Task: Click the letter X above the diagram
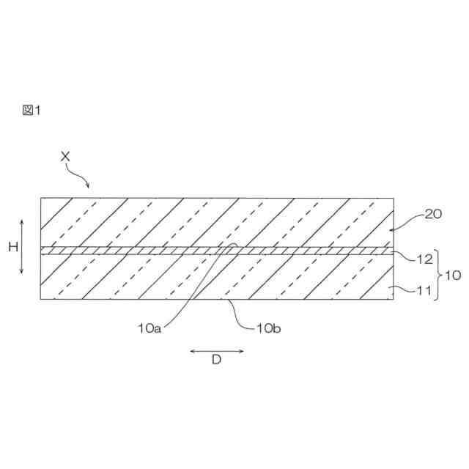(x=65, y=156)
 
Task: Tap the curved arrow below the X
(x=78, y=174)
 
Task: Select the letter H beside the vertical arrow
(x=12, y=247)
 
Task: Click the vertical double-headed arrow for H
(x=22, y=247)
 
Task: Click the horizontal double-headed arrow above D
(x=216, y=350)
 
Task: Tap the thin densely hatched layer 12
(x=147, y=250)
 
